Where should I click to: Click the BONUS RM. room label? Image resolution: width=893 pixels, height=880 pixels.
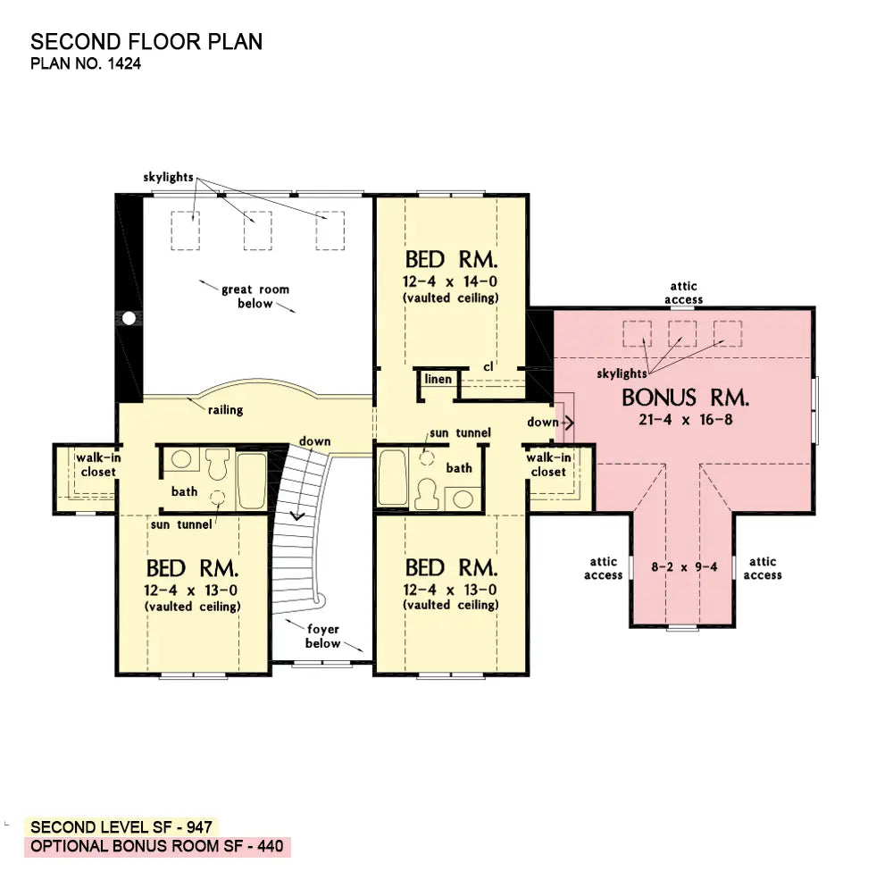(x=685, y=398)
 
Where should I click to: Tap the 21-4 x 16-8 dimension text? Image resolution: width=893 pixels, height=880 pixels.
(x=685, y=420)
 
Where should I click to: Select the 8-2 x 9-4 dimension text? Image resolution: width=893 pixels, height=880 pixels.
(x=684, y=567)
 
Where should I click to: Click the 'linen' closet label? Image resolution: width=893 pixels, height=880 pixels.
(x=438, y=379)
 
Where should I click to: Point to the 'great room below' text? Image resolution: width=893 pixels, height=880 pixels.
(x=255, y=297)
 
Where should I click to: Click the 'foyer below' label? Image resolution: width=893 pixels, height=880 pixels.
(x=323, y=636)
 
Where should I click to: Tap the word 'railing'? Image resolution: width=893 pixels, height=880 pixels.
(x=226, y=410)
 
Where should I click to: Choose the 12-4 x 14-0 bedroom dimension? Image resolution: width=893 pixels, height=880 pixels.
(x=450, y=281)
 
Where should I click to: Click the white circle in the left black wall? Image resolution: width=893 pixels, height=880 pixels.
(x=129, y=318)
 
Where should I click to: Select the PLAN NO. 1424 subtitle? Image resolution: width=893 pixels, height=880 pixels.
(x=86, y=63)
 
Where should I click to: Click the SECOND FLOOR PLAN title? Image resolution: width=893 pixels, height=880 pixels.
(x=146, y=42)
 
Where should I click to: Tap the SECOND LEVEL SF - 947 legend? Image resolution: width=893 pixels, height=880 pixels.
(x=121, y=827)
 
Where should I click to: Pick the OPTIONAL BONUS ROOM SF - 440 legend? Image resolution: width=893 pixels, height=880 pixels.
(x=157, y=846)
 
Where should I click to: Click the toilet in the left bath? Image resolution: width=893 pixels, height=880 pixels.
(x=218, y=464)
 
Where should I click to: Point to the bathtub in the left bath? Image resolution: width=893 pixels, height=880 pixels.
(x=251, y=481)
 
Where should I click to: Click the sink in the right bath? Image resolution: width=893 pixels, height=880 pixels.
(x=463, y=499)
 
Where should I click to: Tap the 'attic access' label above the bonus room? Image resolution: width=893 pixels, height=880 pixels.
(x=683, y=293)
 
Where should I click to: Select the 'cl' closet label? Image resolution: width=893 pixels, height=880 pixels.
(x=488, y=366)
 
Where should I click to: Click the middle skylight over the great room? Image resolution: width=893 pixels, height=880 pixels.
(x=257, y=230)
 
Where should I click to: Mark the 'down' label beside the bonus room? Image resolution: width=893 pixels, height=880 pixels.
(x=543, y=423)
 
